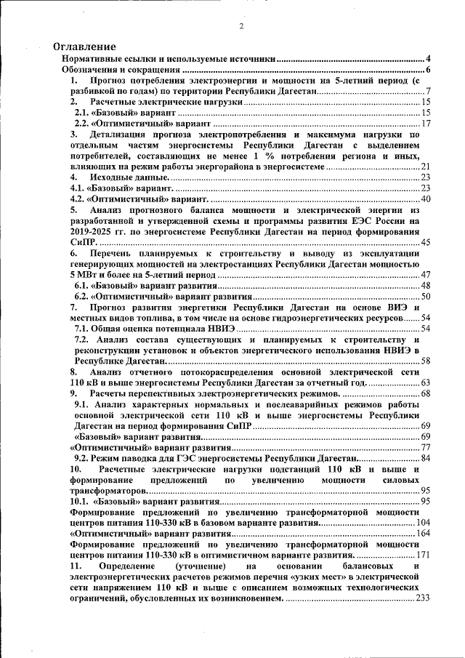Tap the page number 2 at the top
(x=240, y=28)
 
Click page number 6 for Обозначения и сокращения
(x=429, y=70)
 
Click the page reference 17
(x=426, y=124)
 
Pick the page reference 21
(x=426, y=167)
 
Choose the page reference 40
(x=426, y=199)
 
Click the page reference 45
(x=426, y=242)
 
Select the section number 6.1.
(x=84, y=286)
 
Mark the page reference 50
(x=426, y=297)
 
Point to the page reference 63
(x=426, y=382)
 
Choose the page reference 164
(x=424, y=534)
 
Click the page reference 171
(x=424, y=555)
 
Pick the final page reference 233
(x=424, y=598)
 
